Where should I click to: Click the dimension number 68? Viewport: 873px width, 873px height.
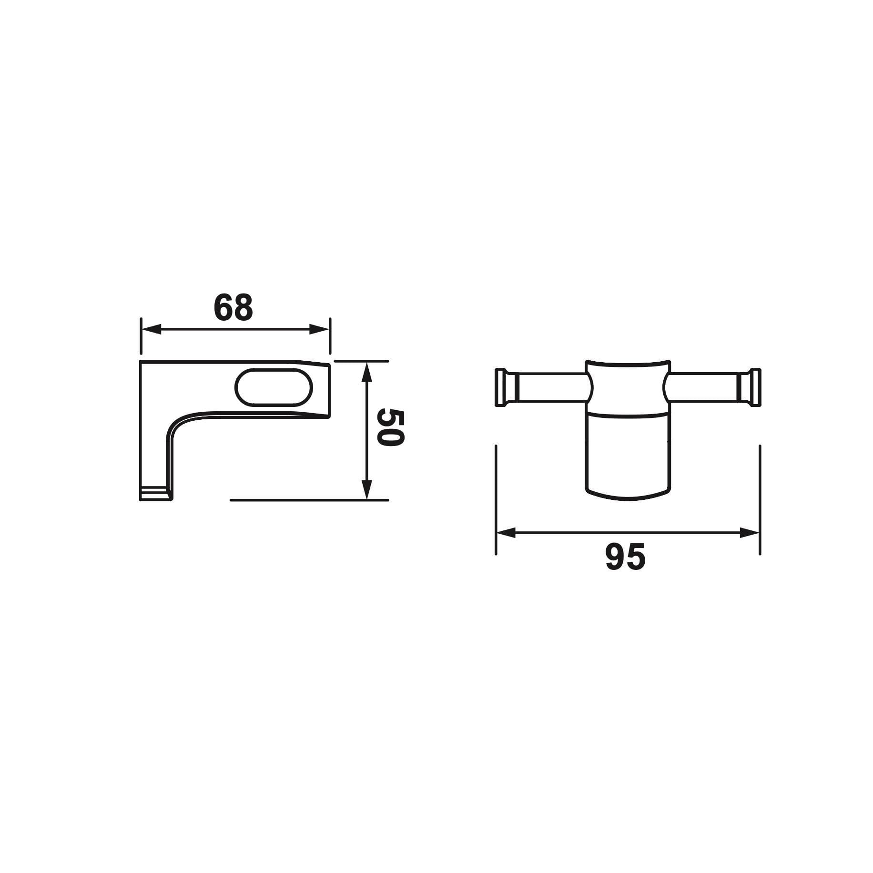click(233, 307)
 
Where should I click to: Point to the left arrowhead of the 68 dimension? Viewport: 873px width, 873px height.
click(151, 329)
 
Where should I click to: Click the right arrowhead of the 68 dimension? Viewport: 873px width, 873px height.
click(319, 329)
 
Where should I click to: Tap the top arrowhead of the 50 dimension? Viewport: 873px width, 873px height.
click(366, 372)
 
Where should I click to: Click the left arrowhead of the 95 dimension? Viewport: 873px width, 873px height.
click(507, 533)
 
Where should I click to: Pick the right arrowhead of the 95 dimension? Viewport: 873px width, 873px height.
click(749, 533)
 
